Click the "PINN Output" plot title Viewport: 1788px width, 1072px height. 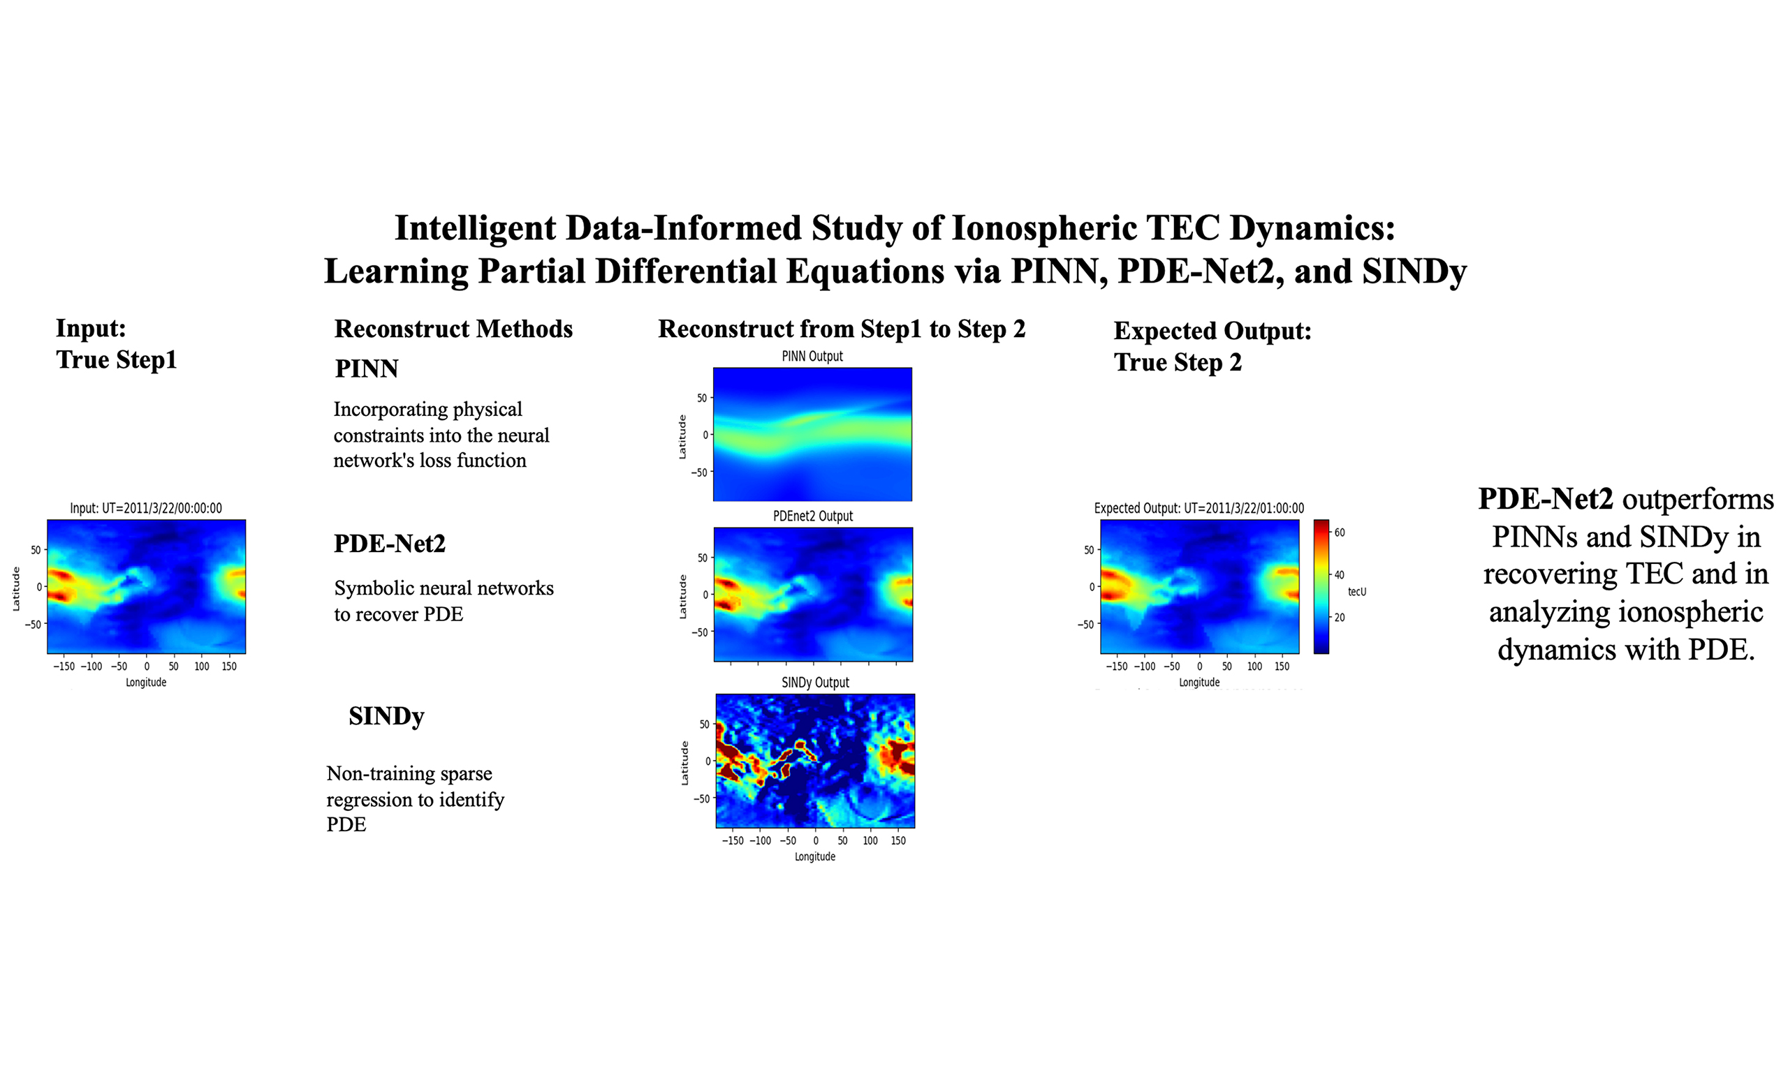(812, 356)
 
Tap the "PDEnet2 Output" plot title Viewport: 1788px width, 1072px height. (812, 516)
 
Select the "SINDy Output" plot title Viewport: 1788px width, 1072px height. (814, 683)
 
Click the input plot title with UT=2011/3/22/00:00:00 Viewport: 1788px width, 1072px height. (146, 508)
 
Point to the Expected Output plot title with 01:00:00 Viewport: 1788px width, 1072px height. (1199, 508)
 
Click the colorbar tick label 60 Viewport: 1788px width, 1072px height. (1339, 533)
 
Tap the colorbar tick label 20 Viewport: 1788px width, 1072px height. (1339, 618)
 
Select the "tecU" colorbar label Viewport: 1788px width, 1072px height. (1356, 592)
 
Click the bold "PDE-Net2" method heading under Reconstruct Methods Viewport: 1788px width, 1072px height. (390, 543)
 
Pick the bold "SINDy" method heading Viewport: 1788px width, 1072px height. (386, 716)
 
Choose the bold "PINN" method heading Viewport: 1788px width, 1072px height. (367, 368)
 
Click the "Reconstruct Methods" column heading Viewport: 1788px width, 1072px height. (453, 329)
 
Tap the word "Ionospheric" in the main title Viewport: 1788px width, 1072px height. (1044, 229)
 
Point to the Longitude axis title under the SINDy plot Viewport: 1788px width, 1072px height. (814, 857)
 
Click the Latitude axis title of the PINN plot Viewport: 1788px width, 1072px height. (682, 436)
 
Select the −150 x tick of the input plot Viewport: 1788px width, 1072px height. (64, 666)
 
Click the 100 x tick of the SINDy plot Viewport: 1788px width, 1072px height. (870, 840)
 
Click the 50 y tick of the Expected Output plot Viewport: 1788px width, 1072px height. (1089, 550)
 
